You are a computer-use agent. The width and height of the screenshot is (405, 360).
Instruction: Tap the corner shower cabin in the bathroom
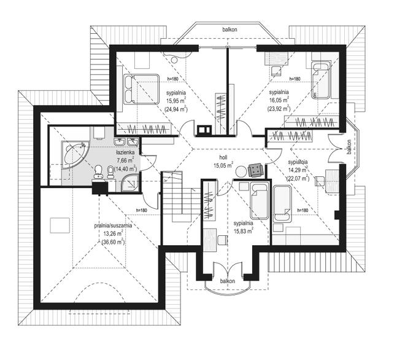130,182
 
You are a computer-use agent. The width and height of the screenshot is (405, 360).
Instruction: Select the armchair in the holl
255,170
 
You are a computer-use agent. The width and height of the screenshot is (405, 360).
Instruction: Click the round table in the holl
241,171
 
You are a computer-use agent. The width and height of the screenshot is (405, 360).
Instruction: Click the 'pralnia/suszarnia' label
113,225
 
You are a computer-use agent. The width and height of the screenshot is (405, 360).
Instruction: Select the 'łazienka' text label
125,152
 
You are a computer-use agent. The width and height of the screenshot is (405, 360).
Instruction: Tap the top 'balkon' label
229,29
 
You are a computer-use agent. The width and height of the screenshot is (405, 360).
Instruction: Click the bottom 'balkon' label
228,281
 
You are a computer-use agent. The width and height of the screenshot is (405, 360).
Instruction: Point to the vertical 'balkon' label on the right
349,147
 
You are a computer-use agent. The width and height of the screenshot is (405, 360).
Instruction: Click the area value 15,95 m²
176,101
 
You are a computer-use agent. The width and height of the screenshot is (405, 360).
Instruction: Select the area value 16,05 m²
279,100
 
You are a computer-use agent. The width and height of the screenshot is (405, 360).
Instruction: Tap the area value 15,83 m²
244,231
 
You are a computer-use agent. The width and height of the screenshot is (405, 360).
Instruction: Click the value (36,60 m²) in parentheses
113,242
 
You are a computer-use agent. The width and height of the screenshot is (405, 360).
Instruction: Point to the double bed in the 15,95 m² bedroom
141,89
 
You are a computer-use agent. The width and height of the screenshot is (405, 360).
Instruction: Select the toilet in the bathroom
98,171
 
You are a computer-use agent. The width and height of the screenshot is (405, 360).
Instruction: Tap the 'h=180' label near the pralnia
141,211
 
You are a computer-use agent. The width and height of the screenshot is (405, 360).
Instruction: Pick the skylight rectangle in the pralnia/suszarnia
60,225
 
